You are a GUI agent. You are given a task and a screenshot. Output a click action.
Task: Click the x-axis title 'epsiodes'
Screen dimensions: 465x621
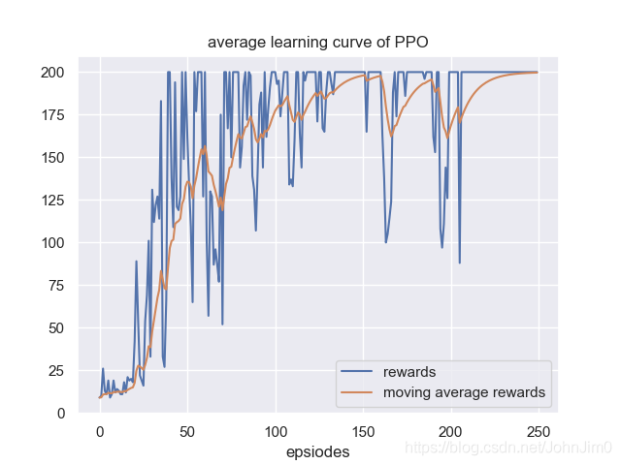(x=318, y=451)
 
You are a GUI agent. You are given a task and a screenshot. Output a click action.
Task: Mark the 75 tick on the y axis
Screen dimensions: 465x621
(x=55, y=285)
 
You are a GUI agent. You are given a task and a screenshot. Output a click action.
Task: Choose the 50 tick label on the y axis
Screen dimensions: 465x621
(x=55, y=327)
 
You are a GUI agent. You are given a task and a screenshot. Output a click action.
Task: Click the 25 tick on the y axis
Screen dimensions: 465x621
(x=55, y=370)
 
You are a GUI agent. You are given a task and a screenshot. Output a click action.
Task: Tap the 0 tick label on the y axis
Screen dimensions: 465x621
(x=59, y=413)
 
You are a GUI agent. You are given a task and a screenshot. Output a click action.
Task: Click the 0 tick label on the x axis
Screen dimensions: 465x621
(x=99, y=431)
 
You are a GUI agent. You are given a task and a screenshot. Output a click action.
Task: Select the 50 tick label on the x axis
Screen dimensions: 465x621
(x=187, y=431)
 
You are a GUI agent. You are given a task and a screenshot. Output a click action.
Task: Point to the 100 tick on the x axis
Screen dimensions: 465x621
(x=276, y=431)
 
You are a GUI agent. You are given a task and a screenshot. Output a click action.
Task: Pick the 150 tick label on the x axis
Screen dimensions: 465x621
(x=364, y=431)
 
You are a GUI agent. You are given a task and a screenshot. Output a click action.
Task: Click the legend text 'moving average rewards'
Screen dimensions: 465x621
(x=464, y=392)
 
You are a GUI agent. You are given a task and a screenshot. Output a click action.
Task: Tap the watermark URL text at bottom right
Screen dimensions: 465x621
(x=507, y=447)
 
